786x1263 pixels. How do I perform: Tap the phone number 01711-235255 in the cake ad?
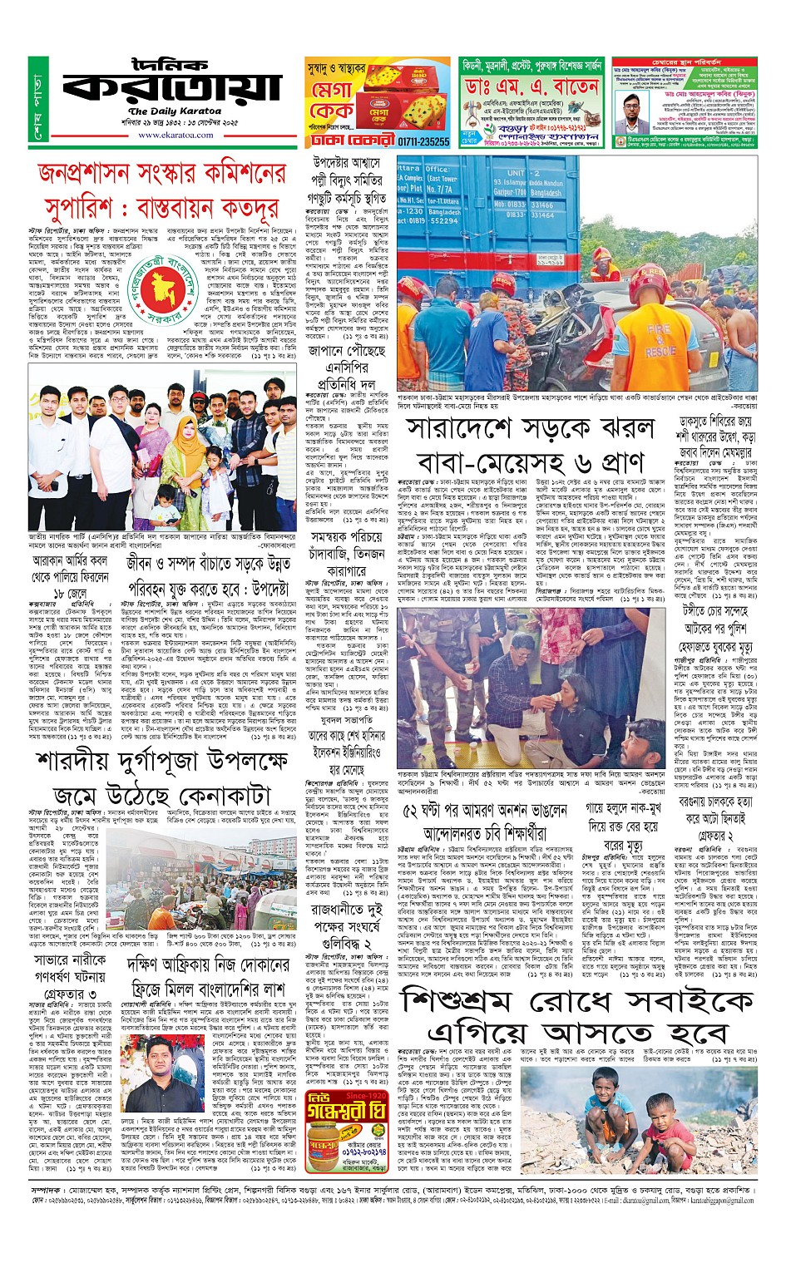[x=423, y=141]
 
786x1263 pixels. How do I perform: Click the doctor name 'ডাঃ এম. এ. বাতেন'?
[x=532, y=86]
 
